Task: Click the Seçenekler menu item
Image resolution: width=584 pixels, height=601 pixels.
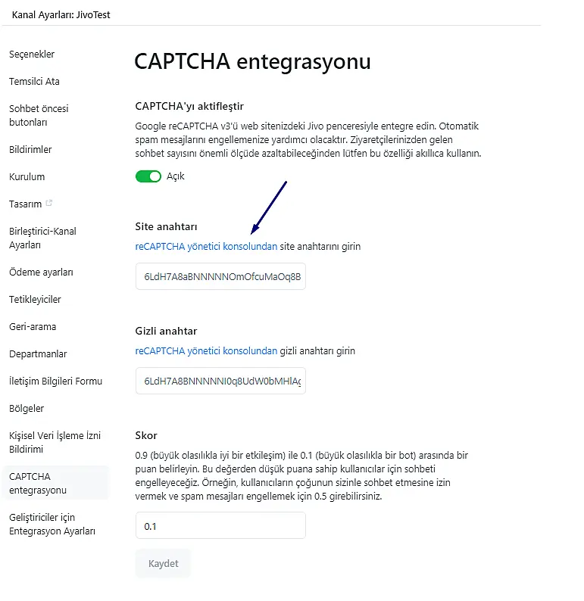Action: [32, 54]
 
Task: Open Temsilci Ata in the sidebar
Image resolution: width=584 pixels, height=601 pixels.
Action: [34, 82]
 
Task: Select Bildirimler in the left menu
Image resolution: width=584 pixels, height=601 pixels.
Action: [30, 150]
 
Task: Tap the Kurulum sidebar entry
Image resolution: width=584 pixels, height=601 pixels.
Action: [27, 177]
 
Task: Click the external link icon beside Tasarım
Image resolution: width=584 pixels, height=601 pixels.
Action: [49, 204]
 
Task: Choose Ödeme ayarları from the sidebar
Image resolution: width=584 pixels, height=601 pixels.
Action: [41, 272]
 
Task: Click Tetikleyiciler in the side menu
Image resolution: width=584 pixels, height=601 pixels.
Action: [35, 300]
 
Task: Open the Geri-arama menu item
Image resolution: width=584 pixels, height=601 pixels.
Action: [33, 327]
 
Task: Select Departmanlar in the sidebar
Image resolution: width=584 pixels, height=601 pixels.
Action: [38, 354]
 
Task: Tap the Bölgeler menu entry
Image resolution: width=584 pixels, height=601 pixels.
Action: [27, 409]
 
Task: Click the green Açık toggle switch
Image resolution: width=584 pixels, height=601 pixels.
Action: [148, 176]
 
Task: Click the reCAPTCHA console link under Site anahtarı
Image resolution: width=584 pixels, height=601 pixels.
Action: [206, 247]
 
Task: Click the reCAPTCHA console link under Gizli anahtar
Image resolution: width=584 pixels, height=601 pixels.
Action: [206, 351]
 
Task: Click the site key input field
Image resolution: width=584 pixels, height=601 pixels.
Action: [220, 277]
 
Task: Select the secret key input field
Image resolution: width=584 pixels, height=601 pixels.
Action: [220, 381]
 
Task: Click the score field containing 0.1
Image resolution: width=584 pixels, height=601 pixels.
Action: [220, 526]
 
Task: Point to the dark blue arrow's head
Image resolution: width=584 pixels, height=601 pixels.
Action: [254, 230]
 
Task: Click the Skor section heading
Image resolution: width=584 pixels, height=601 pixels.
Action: [146, 435]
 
